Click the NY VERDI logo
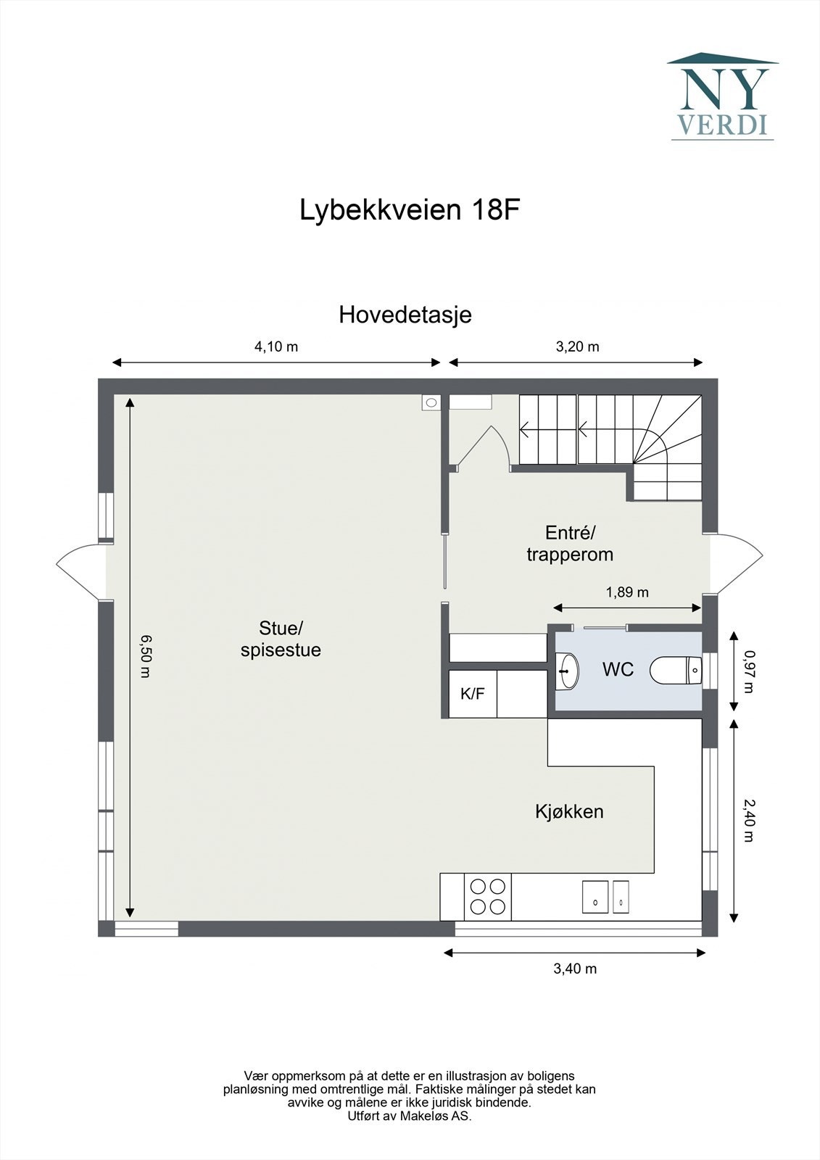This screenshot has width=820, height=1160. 722,96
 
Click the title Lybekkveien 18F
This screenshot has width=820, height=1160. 410,210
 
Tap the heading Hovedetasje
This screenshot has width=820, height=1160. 405,315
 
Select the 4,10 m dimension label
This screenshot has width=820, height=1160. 276,347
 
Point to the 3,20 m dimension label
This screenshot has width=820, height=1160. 577,347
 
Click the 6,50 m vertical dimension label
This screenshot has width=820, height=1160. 146,655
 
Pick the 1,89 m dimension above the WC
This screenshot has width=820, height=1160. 627,592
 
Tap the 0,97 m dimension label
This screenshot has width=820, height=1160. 749,671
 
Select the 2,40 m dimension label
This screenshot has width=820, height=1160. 749,820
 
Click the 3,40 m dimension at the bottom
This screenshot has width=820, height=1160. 575,969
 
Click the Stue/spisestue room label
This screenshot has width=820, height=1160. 281,639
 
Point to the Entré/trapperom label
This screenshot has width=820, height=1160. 570,544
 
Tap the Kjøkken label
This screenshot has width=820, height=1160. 569,811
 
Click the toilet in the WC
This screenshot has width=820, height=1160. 676,671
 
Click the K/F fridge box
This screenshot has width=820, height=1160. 473,694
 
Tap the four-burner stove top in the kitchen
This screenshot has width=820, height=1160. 487,896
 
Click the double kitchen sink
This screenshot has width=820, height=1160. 605,897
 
